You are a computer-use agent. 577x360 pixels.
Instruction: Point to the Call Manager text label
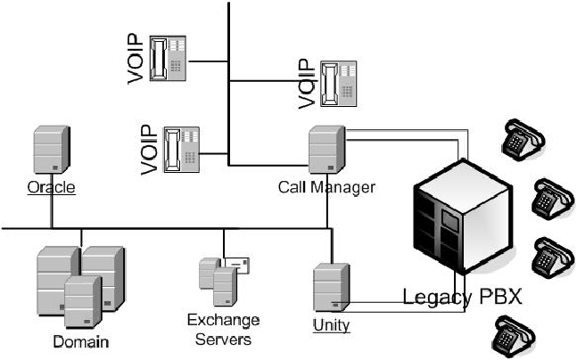[x=326, y=187]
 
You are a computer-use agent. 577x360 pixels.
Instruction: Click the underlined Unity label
[x=331, y=324]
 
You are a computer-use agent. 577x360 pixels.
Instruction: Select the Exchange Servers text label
[x=223, y=329]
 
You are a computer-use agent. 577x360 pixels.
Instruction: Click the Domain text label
[x=81, y=340]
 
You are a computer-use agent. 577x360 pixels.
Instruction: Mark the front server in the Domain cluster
[x=82, y=301]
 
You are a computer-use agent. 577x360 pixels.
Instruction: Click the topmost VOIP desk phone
[x=172, y=59]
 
